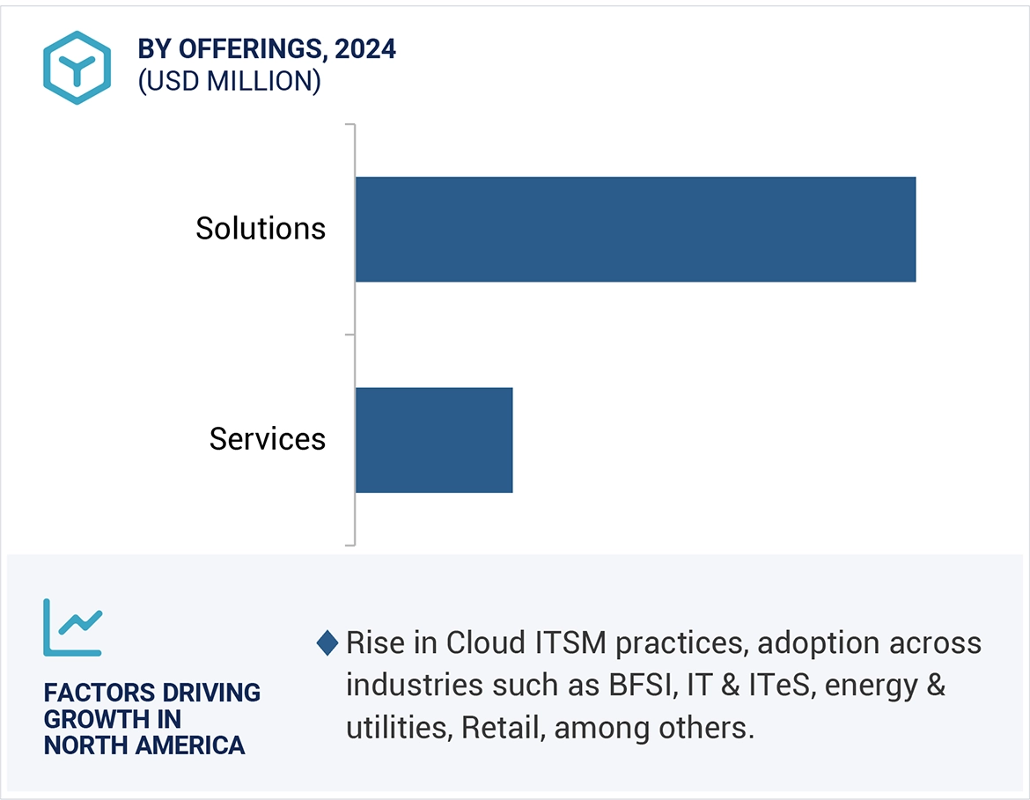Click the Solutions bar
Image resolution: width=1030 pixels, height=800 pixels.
point(635,230)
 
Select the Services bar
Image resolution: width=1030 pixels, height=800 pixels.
point(433,440)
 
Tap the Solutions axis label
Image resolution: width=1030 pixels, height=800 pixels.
point(261,229)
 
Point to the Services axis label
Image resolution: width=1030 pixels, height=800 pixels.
point(268,439)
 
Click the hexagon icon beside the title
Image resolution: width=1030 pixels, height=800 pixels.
point(77,68)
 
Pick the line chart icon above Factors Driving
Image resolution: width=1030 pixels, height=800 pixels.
point(73,627)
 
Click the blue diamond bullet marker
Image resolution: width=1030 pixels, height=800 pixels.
point(327,643)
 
